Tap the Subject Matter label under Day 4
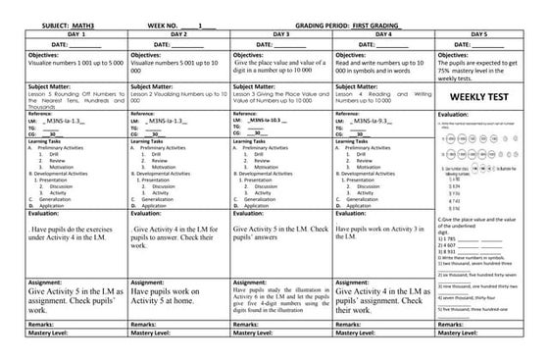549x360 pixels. click(359, 86)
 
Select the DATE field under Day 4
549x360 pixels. click(374, 44)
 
